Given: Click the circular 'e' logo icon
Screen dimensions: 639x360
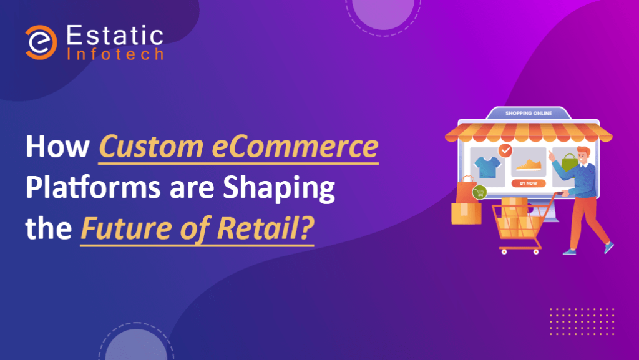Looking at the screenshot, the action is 41,42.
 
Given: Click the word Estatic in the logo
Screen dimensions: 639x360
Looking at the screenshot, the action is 115,36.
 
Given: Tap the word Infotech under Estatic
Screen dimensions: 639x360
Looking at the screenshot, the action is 115,54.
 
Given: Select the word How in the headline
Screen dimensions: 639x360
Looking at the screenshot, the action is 57,146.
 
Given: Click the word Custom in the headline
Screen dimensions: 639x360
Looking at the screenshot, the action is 151,146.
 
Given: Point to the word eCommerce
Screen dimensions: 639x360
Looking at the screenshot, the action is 295,147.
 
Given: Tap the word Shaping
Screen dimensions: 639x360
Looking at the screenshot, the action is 279,188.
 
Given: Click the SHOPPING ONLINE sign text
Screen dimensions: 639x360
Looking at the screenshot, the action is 529,113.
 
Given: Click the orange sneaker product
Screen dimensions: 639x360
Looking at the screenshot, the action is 529,165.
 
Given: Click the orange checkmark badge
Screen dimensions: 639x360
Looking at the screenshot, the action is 505,151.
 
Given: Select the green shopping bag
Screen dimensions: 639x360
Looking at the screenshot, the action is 569,162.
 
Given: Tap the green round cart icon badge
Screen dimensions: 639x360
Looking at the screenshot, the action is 480,192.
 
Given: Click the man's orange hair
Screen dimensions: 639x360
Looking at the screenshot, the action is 583,152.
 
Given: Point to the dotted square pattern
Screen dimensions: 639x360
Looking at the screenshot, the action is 582,322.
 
